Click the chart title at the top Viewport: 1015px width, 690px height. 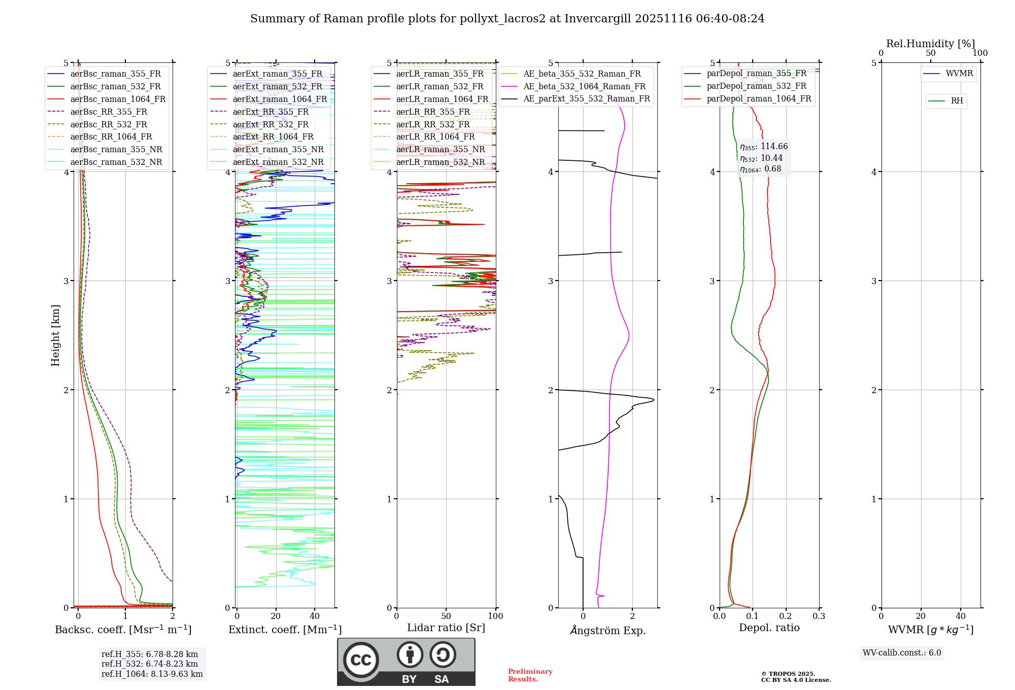click(x=507, y=19)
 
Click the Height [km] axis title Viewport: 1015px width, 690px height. click(x=55, y=335)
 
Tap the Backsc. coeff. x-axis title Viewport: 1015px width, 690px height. click(x=123, y=630)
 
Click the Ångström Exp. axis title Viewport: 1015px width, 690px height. click(x=608, y=631)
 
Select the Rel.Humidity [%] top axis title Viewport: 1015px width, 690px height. click(x=930, y=44)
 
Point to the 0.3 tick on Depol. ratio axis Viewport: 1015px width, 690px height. click(x=819, y=616)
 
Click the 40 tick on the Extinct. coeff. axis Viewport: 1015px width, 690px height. click(x=315, y=616)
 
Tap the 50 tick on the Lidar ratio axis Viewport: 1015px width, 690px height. click(x=446, y=616)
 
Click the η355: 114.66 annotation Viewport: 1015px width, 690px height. click(x=764, y=147)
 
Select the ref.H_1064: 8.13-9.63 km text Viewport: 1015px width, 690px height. click(x=152, y=674)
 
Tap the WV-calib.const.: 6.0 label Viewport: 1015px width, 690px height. click(x=902, y=653)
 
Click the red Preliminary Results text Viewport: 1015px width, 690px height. click(x=530, y=675)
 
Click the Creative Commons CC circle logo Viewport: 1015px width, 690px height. click(x=361, y=660)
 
